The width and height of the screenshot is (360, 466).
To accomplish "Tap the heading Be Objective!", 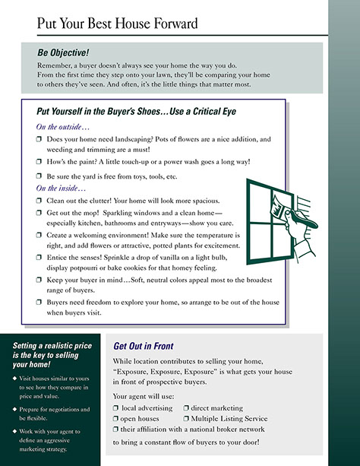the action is [63, 52].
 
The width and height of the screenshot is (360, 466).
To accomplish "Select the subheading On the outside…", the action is [63, 127].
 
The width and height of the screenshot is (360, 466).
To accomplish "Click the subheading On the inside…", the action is [61, 188].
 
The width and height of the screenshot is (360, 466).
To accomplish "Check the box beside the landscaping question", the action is [39, 139].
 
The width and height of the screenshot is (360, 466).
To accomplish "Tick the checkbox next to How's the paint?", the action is [39, 161].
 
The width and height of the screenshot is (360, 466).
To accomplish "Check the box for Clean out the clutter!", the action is [39, 200].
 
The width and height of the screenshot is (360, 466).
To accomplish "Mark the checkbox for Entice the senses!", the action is [39, 257].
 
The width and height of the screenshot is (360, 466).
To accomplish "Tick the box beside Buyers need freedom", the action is [39, 302].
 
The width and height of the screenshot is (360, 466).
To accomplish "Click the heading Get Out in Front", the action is [144, 346].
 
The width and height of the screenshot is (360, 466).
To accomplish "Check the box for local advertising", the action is [115, 408].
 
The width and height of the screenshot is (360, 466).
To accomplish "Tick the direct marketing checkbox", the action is [186, 408].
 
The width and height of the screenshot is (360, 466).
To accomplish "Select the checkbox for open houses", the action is [115, 418].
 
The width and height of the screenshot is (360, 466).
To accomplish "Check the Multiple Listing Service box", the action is [186, 418].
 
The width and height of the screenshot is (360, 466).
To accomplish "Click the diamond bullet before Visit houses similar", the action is [14, 379].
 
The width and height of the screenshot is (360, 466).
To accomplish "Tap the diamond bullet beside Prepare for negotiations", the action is [14, 409].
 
